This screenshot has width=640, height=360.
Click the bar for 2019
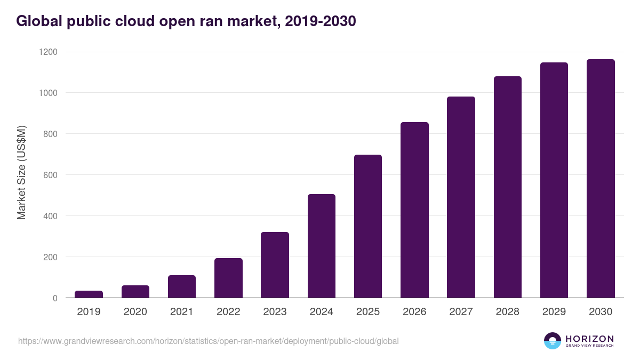[89, 294]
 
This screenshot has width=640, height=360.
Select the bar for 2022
[228, 278]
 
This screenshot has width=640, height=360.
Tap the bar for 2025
[368, 226]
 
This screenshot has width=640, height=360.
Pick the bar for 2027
[461, 197]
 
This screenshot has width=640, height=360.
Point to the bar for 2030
[601, 179]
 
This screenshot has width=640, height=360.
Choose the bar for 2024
[322, 246]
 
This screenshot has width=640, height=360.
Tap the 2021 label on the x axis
[182, 311]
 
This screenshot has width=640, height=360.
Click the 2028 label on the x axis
[507, 311]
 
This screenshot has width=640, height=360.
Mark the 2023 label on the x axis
[275, 311]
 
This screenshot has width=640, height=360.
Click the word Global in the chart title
[38, 21]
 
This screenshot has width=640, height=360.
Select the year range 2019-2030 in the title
[321, 21]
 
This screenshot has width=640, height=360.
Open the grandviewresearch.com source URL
[208, 341]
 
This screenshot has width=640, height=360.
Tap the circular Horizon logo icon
[553, 341]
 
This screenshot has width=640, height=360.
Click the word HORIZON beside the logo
[589, 339]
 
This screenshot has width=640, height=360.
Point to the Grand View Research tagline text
[589, 346]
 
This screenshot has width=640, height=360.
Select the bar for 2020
[135, 292]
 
